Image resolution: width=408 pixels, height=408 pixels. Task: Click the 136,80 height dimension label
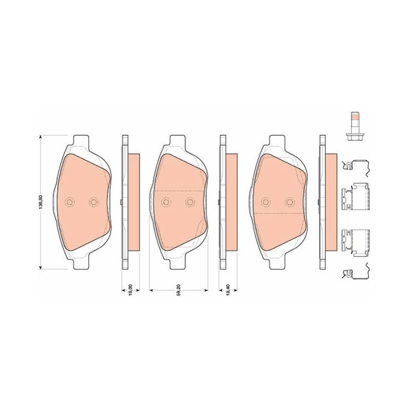[40, 202]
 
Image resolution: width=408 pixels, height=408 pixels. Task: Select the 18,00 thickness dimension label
[131, 290]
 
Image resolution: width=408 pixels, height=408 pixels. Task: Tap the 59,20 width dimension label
[179, 290]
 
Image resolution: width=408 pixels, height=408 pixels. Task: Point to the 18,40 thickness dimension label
[228, 290]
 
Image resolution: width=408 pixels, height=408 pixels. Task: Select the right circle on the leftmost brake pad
[93, 202]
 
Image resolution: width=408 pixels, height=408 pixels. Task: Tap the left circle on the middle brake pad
[166, 202]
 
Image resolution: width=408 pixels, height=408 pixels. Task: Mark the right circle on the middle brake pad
[190, 202]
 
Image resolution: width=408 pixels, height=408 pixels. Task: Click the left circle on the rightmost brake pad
[266, 202]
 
